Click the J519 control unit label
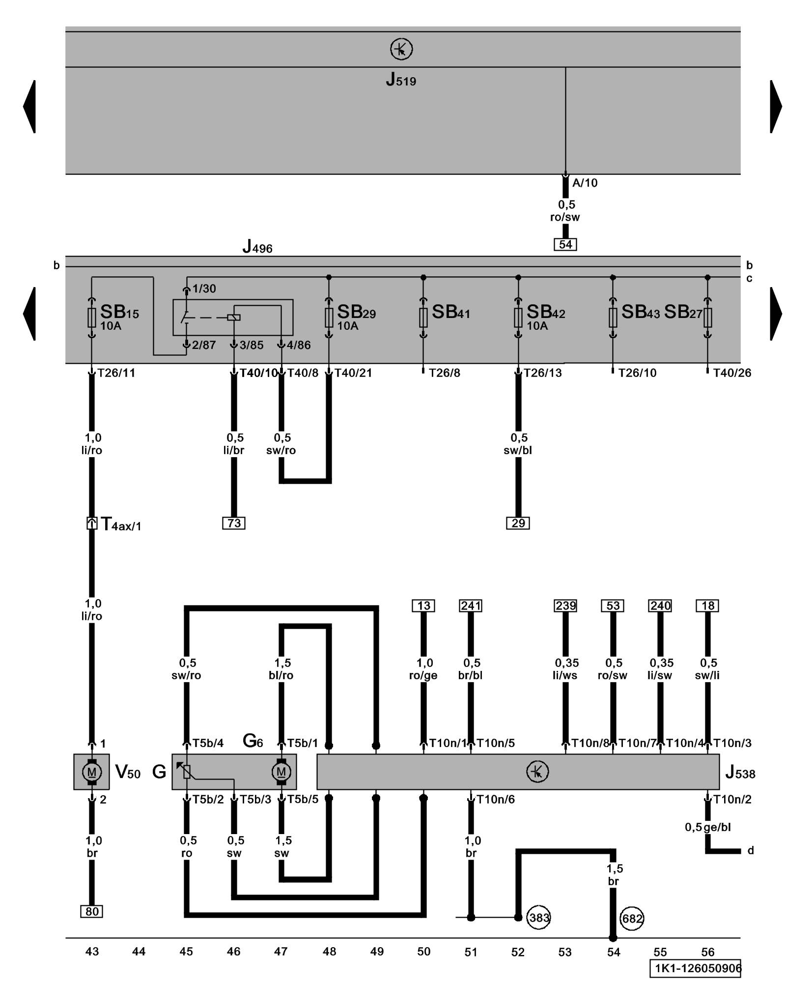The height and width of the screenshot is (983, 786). coord(401,80)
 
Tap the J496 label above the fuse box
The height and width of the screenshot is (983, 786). coord(257,247)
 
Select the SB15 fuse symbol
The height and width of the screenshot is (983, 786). coord(91,318)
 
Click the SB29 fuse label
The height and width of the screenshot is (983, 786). coord(356,312)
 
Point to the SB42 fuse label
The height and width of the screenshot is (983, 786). coord(545,312)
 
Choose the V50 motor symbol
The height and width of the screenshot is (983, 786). coord(91,772)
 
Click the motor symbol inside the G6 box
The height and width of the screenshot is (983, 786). coord(281,772)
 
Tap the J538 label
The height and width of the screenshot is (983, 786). coord(740,773)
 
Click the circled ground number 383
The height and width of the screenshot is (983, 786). coord(538,918)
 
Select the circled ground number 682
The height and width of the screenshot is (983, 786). coord(632,919)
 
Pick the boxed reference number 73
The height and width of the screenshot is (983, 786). coord(234,523)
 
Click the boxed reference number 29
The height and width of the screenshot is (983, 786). coord(518,523)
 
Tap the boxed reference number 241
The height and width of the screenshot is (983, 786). coord(471,606)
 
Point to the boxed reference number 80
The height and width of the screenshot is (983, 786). coord(92,912)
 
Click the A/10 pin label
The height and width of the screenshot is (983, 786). coord(585,183)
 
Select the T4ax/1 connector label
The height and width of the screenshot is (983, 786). coord(121,524)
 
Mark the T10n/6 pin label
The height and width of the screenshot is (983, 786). coord(495,800)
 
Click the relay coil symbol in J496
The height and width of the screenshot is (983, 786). coord(234,318)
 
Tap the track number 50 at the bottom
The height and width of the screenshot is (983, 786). coord(423,952)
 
